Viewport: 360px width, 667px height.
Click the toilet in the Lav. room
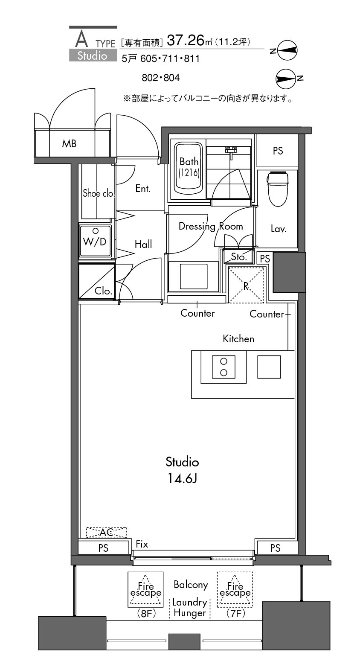pos(277,189)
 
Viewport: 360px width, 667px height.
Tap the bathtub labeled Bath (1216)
pos(188,168)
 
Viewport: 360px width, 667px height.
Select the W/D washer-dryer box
pos(95,241)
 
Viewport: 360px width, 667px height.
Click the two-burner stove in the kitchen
pos(224,367)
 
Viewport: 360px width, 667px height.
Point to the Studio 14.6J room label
pos(182,470)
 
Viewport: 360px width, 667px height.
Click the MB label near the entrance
pos(69,144)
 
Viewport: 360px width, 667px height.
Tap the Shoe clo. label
pos(98,193)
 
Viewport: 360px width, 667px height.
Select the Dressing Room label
pos(211,226)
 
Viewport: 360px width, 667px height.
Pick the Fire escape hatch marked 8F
pos(145,589)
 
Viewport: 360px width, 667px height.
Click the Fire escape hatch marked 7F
pos(235,589)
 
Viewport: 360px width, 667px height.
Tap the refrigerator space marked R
pos(246,285)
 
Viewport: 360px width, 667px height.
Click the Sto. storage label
pos(239,256)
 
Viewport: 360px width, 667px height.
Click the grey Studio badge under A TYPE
pos(93,55)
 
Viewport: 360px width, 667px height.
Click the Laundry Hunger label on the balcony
pos(190,607)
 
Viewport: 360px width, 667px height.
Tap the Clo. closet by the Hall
pos(97,282)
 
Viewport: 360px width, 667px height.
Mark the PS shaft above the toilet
pos(278,150)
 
